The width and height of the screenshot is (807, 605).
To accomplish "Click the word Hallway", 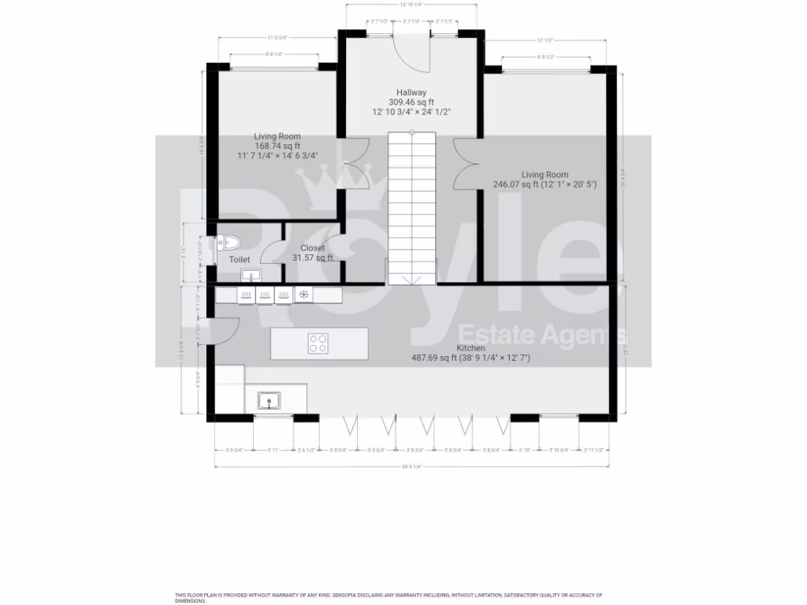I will [412, 92].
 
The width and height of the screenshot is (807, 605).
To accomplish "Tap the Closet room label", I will [312, 248].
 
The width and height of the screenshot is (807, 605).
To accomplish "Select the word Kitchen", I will [470, 347].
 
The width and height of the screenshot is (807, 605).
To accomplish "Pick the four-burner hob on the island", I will [318, 343].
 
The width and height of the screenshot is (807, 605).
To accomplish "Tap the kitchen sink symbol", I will [270, 401].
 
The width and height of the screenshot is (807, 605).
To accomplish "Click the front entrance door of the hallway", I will [411, 50].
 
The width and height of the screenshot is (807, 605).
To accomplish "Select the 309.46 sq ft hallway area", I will [411, 102].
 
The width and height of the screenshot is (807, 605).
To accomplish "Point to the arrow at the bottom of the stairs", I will [411, 280].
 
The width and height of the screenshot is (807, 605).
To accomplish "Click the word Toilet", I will [239, 259].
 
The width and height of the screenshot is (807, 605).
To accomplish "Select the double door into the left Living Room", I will [358, 163].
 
